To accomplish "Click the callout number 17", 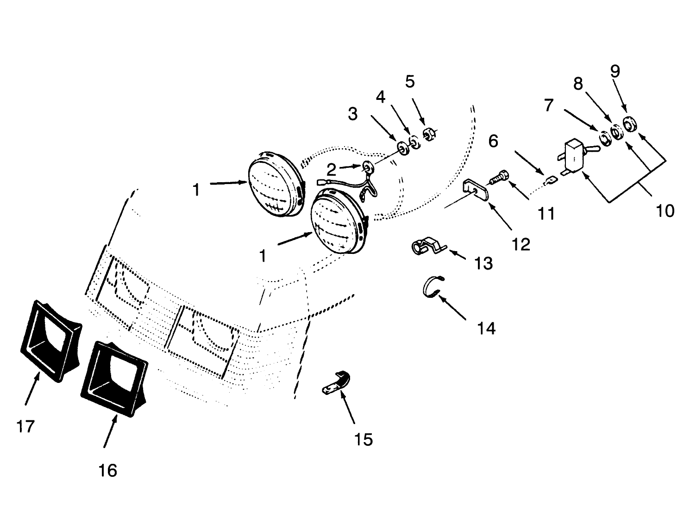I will pos(25,426).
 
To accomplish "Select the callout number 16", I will pos(107,470).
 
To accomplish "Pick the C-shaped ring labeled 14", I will pos(433,287).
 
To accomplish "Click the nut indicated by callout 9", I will pos(629,124).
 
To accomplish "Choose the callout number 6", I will pos(493,141).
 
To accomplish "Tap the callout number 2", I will pos(330,167).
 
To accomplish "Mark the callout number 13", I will pos(483,263).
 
